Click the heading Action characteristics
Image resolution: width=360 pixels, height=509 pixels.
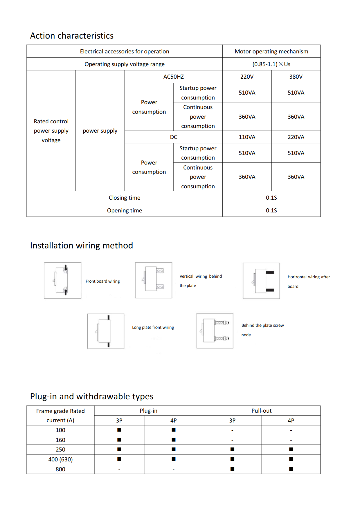(72, 36)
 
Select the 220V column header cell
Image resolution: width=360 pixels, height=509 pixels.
(247, 77)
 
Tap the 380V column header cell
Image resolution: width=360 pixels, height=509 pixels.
(296, 77)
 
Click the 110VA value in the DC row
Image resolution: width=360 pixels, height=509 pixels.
(247, 137)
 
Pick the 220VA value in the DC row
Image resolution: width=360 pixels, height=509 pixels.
(296, 137)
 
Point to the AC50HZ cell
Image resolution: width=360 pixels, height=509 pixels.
(173, 77)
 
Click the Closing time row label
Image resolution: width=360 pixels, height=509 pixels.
(124, 198)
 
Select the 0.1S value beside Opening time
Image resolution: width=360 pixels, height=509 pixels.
(271, 210)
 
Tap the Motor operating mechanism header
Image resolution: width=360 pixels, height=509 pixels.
(271, 51)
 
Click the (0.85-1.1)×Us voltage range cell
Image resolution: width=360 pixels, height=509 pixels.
(271, 64)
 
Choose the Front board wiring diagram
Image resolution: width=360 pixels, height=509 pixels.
(63, 280)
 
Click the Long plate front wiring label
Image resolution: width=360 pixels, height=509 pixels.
(153, 327)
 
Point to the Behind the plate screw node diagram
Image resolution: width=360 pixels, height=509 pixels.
(215, 331)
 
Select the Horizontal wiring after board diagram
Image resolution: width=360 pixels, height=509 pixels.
(261, 281)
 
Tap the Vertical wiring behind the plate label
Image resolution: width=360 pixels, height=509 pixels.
(200, 281)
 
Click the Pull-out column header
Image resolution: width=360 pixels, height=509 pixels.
(261, 411)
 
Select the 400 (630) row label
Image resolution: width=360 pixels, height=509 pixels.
(60, 459)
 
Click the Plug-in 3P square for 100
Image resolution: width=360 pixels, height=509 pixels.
(119, 430)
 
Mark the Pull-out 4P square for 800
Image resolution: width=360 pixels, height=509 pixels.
(291, 469)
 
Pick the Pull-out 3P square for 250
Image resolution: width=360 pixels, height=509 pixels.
(232, 449)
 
